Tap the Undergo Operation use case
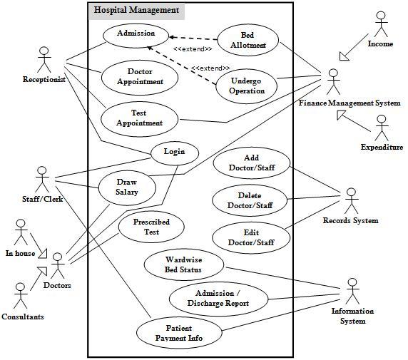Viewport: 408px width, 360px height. pyautogui.click(x=247, y=86)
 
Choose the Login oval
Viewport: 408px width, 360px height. pyautogui.click(x=174, y=151)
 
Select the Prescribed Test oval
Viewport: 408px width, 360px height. pyautogui.click(x=151, y=226)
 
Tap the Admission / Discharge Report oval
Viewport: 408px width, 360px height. pyautogui.click(x=218, y=298)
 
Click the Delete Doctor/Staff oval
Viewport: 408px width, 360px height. pyautogui.click(x=249, y=200)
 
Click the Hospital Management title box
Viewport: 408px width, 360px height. pyautogui.click(x=136, y=11)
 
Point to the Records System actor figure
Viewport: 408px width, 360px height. pyautogui.click(x=350, y=201)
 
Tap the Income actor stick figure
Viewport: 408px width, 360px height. pyautogui.click(x=380, y=24)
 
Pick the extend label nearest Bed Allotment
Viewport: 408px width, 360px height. pyautogui.click(x=193, y=48)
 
